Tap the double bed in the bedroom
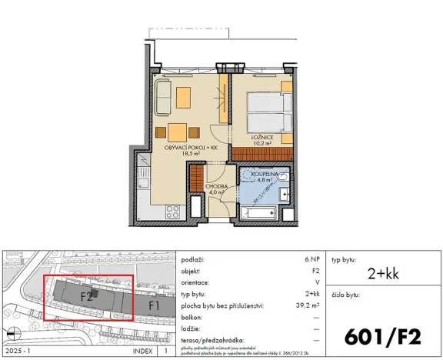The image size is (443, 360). [271, 113]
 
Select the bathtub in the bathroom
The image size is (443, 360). [261, 212]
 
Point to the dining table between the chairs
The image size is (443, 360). [178, 129]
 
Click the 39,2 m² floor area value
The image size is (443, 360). [309, 304]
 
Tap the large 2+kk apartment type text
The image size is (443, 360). [384, 273]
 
